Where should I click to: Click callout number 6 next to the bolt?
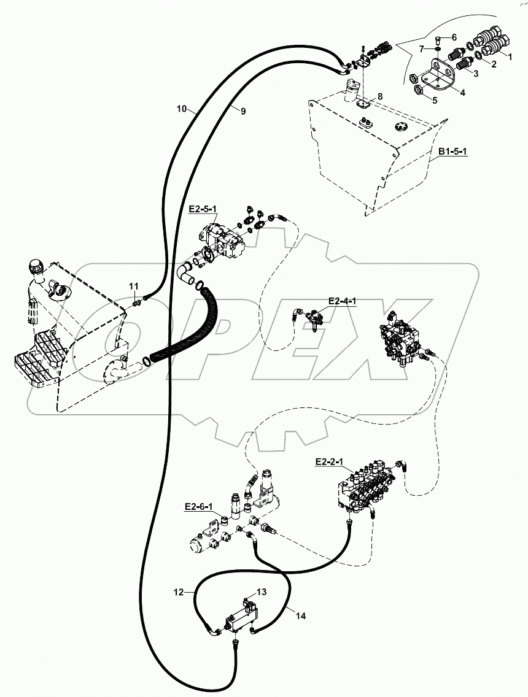pos(454,37)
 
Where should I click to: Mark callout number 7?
pos(422,48)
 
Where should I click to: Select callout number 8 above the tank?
pos(380,96)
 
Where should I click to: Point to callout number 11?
pos(133,287)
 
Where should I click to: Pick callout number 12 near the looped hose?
pos(177,592)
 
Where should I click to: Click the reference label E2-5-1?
pos(203,209)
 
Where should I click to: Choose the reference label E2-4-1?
pos(343,301)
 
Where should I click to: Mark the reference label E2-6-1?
pos(198,507)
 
